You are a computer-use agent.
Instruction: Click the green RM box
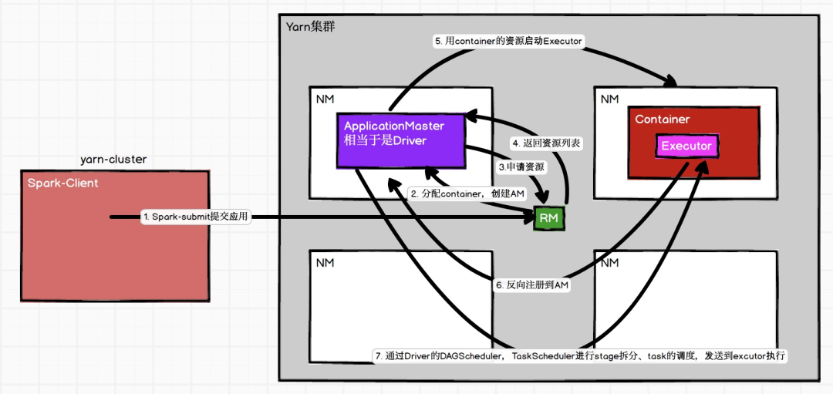[x=549, y=217]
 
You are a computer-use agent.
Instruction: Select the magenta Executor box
[x=686, y=146]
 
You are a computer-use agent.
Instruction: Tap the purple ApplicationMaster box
[x=400, y=140]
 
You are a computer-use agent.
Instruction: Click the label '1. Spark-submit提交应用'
[x=196, y=217]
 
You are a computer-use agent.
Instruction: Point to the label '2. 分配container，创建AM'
[x=467, y=194]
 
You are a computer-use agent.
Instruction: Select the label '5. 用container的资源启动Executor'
[x=508, y=42]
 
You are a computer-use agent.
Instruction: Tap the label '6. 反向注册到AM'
[x=531, y=285]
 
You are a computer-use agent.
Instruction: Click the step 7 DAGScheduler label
[x=579, y=355]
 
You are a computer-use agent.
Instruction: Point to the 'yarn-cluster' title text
[x=113, y=160]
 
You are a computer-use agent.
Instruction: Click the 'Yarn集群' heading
[x=310, y=26]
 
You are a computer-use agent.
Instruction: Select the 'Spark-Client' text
[x=62, y=184]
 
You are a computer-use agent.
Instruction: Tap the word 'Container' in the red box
[x=662, y=119]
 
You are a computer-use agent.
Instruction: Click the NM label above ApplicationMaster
[x=325, y=99]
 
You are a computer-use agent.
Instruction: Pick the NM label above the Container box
[x=609, y=99]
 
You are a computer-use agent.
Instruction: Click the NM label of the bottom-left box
[x=325, y=263]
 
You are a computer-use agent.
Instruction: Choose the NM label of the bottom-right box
[x=609, y=263]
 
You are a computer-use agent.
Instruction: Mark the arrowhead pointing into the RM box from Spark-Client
[x=531, y=217]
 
